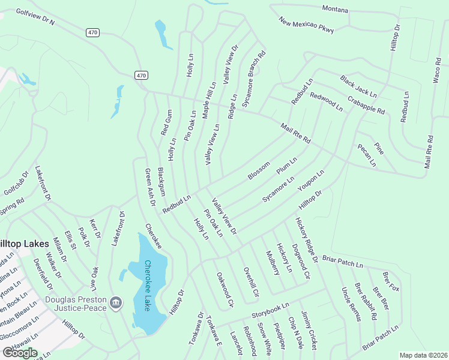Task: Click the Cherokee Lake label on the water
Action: click(x=148, y=285)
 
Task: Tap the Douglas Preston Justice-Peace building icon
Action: click(x=117, y=301)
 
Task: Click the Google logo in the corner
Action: click(x=19, y=352)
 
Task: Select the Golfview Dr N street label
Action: click(x=35, y=17)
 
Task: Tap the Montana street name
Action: click(x=335, y=8)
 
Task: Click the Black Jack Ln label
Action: click(x=358, y=87)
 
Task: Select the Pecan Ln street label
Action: click(x=366, y=155)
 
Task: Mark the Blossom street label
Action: click(x=259, y=170)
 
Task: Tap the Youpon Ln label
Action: click(x=311, y=181)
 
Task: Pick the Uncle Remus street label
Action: click(x=351, y=304)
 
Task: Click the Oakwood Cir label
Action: click(x=224, y=290)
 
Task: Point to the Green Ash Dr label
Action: click(x=149, y=188)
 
